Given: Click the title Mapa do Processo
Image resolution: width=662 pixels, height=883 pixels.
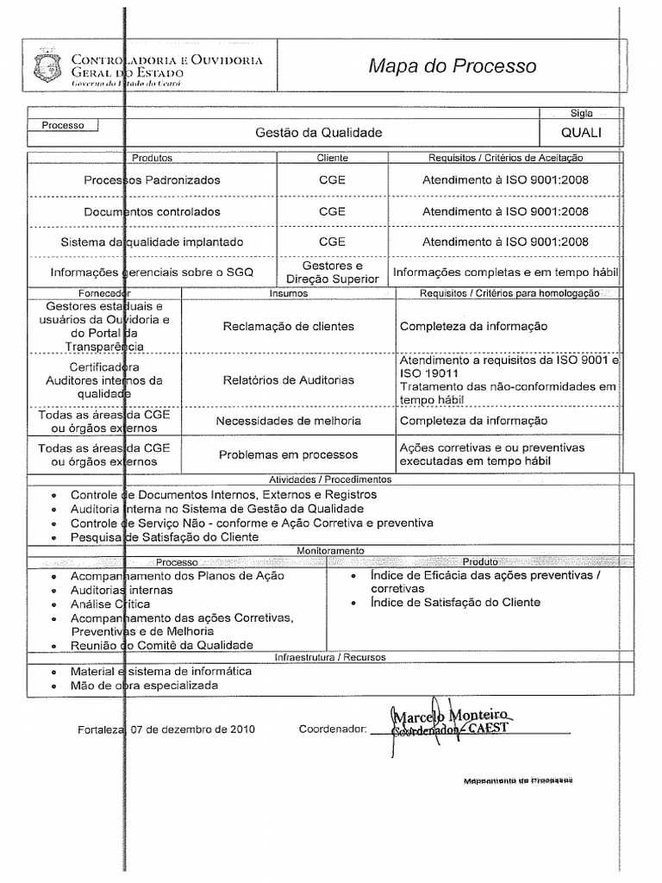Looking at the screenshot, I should coord(452,66).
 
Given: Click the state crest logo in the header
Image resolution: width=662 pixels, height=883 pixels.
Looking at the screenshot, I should coord(43,67).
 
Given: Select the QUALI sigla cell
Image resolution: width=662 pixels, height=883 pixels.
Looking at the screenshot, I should coord(581,133).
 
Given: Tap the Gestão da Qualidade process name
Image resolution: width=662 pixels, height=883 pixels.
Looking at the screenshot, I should coord(318,133).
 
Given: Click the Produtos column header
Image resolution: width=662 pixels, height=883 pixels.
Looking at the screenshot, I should coord(152,158).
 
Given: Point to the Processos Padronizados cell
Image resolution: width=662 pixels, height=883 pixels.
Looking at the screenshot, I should coord(152,180).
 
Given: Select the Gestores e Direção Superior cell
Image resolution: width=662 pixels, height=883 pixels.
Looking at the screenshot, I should coord(332,272).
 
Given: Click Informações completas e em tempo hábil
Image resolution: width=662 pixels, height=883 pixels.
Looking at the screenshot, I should coord(505,272).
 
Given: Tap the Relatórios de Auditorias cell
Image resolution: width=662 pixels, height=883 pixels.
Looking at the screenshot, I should coord(288,379).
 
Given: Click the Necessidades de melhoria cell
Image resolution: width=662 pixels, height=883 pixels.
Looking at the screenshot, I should coord(288,421).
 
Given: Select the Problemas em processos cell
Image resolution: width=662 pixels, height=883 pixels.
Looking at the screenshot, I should coord(288,454).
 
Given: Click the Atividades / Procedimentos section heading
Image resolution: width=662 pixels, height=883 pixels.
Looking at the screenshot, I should coord(331,479).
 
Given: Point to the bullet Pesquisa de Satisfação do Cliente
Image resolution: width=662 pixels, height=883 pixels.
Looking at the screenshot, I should coord(164,537).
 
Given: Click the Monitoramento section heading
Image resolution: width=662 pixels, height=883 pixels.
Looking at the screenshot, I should coord(331,550).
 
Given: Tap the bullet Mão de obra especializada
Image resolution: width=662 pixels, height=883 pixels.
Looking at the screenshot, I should coord(144,686).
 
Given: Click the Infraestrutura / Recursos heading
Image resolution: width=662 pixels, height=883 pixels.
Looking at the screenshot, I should coord(330,657).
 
